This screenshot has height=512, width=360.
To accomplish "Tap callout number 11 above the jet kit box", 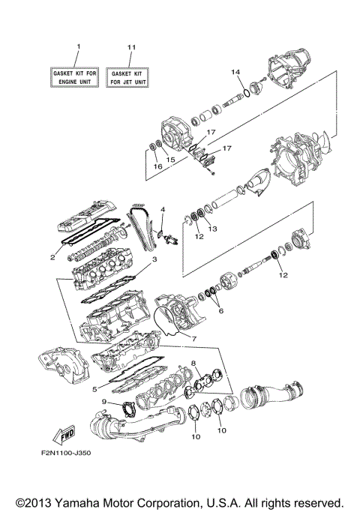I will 131,47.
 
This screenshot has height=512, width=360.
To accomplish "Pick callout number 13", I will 212,228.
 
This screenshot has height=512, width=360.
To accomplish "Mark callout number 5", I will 94,389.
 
